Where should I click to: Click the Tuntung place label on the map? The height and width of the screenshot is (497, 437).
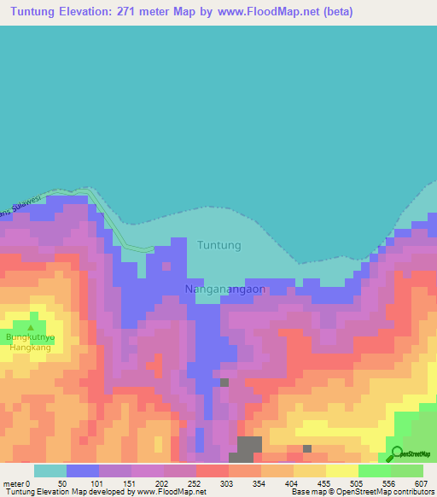tap(219, 245)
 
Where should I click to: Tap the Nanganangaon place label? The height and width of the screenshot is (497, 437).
tap(225, 289)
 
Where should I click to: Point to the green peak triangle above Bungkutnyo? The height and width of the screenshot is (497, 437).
tap(31, 327)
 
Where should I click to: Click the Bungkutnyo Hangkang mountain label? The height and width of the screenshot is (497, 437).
tap(31, 342)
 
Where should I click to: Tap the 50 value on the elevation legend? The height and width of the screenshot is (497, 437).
tap(62, 483)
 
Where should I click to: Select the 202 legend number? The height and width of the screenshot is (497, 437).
tap(160, 483)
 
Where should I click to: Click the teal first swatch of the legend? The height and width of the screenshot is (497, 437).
tap(50, 471)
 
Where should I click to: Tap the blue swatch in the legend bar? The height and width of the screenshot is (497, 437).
tap(82, 471)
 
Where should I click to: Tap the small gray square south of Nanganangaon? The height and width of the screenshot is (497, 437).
tap(224, 383)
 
